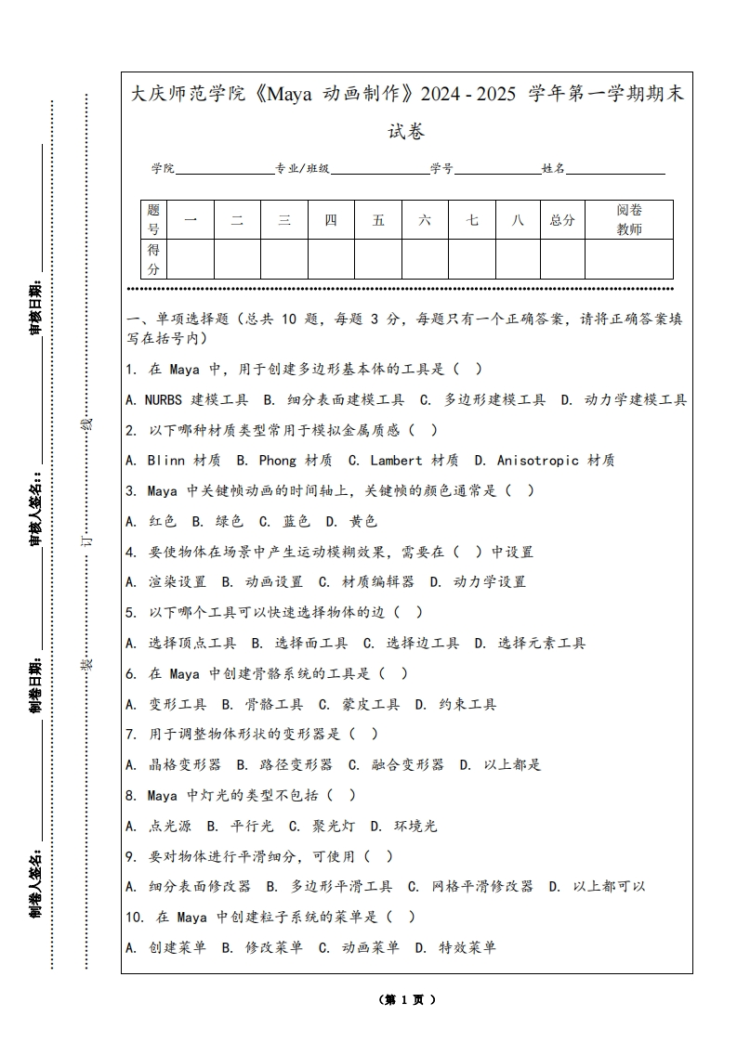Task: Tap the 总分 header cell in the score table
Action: (x=562, y=220)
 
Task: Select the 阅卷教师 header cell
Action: (x=629, y=220)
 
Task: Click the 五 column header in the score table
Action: (x=378, y=220)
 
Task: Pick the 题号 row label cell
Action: (x=153, y=220)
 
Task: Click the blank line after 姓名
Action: (x=615, y=169)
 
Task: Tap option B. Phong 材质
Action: (x=283, y=461)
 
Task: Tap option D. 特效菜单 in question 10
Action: (x=455, y=947)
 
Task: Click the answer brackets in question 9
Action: (x=377, y=856)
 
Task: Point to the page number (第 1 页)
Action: (x=407, y=1000)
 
